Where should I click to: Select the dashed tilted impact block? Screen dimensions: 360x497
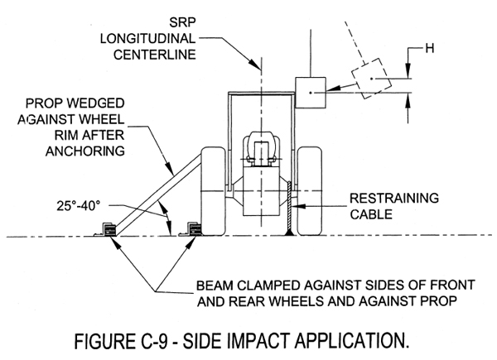[371, 80]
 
